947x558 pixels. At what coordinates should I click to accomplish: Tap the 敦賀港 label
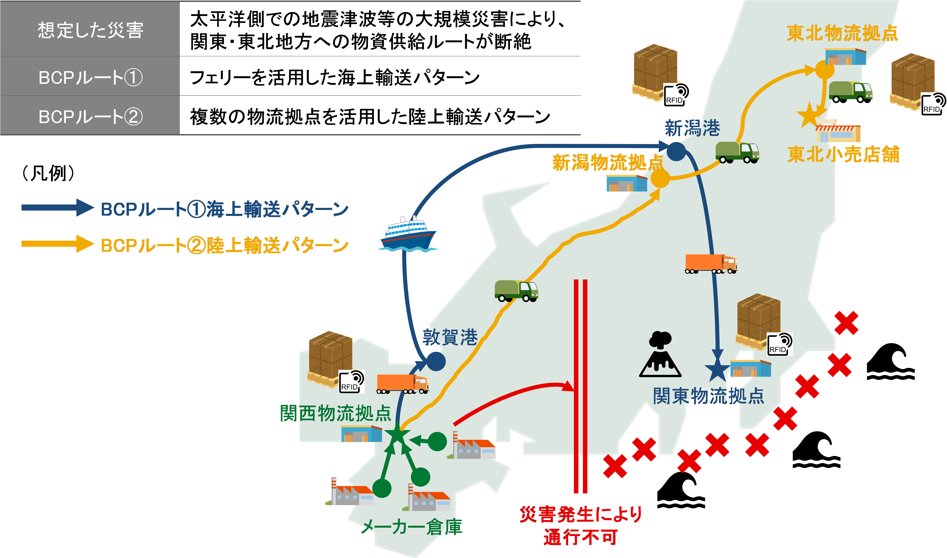[450, 337]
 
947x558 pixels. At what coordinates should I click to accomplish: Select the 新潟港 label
[692, 128]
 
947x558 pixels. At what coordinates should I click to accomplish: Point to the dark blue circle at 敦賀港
[436, 361]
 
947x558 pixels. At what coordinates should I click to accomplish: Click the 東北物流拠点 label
[842, 33]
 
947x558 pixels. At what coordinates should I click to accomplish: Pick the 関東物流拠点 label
[709, 396]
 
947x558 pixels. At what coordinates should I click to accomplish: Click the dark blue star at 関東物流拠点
[717, 369]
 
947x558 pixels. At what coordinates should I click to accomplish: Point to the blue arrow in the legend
[58, 208]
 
